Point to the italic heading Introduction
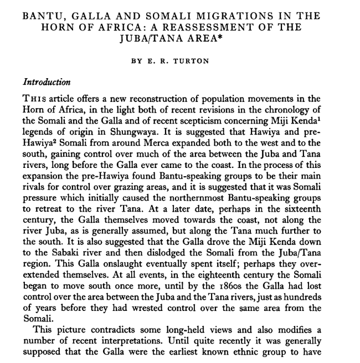47,82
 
